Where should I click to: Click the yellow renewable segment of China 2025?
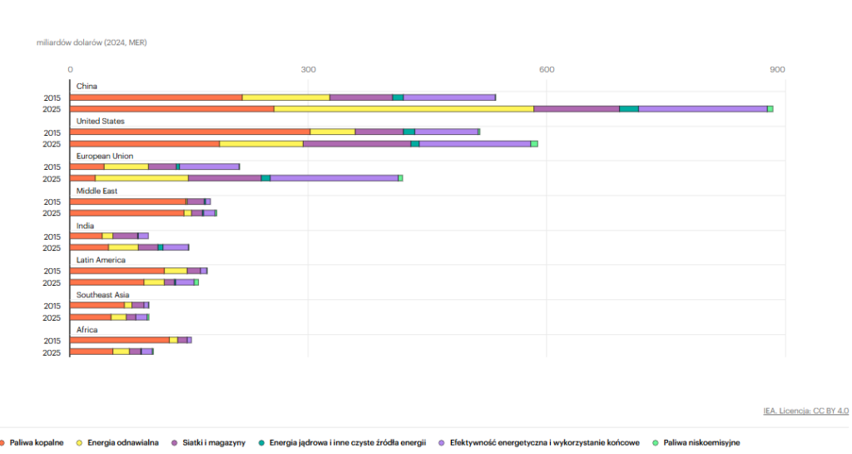[404, 109]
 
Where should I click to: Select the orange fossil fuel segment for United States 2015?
[190, 132]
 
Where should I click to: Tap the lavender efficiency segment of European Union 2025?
[334, 178]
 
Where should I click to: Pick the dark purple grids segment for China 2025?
[576, 109]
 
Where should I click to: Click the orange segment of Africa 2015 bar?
[120, 340]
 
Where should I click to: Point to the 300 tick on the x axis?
[309, 69]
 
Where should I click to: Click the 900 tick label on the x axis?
[777, 69]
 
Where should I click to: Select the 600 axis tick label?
[547, 69]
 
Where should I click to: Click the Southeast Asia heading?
[103, 295]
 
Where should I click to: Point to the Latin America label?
[101, 260]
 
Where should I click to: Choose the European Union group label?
[105, 156]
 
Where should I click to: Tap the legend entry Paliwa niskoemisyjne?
[700, 442]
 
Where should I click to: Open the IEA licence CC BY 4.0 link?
[805, 411]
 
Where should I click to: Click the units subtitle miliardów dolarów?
[92, 42]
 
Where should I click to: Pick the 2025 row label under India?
[52, 248]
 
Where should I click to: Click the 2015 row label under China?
[52, 97]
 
